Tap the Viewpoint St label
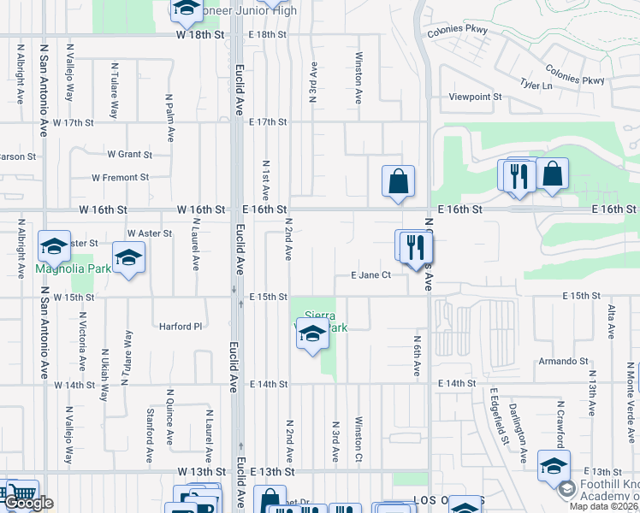click(x=475, y=97)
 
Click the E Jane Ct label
click(x=370, y=275)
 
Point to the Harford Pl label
click(x=180, y=326)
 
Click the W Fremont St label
click(x=121, y=178)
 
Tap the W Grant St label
click(x=129, y=155)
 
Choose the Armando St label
click(x=560, y=362)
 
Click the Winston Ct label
click(x=359, y=439)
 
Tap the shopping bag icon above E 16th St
click(x=398, y=181)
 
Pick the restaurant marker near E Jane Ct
click(x=416, y=248)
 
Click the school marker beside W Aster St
click(x=128, y=256)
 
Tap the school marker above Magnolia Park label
click(x=54, y=246)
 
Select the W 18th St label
click(x=199, y=35)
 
